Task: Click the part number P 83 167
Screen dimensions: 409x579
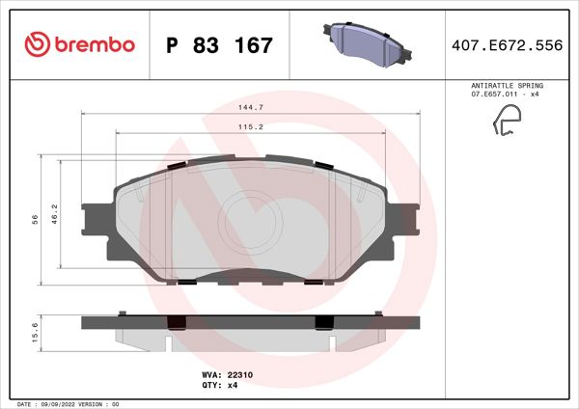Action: [x=220, y=45]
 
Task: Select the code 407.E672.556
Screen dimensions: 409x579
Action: [x=507, y=45]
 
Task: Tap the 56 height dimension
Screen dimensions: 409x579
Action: [x=35, y=220]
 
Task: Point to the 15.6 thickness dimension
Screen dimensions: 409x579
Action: [x=36, y=333]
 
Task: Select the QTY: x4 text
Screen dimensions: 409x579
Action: [x=219, y=385]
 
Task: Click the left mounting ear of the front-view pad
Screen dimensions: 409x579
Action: [x=96, y=220]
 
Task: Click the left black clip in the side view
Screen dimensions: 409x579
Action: [x=177, y=323]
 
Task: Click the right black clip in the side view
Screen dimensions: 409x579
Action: [x=324, y=323]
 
